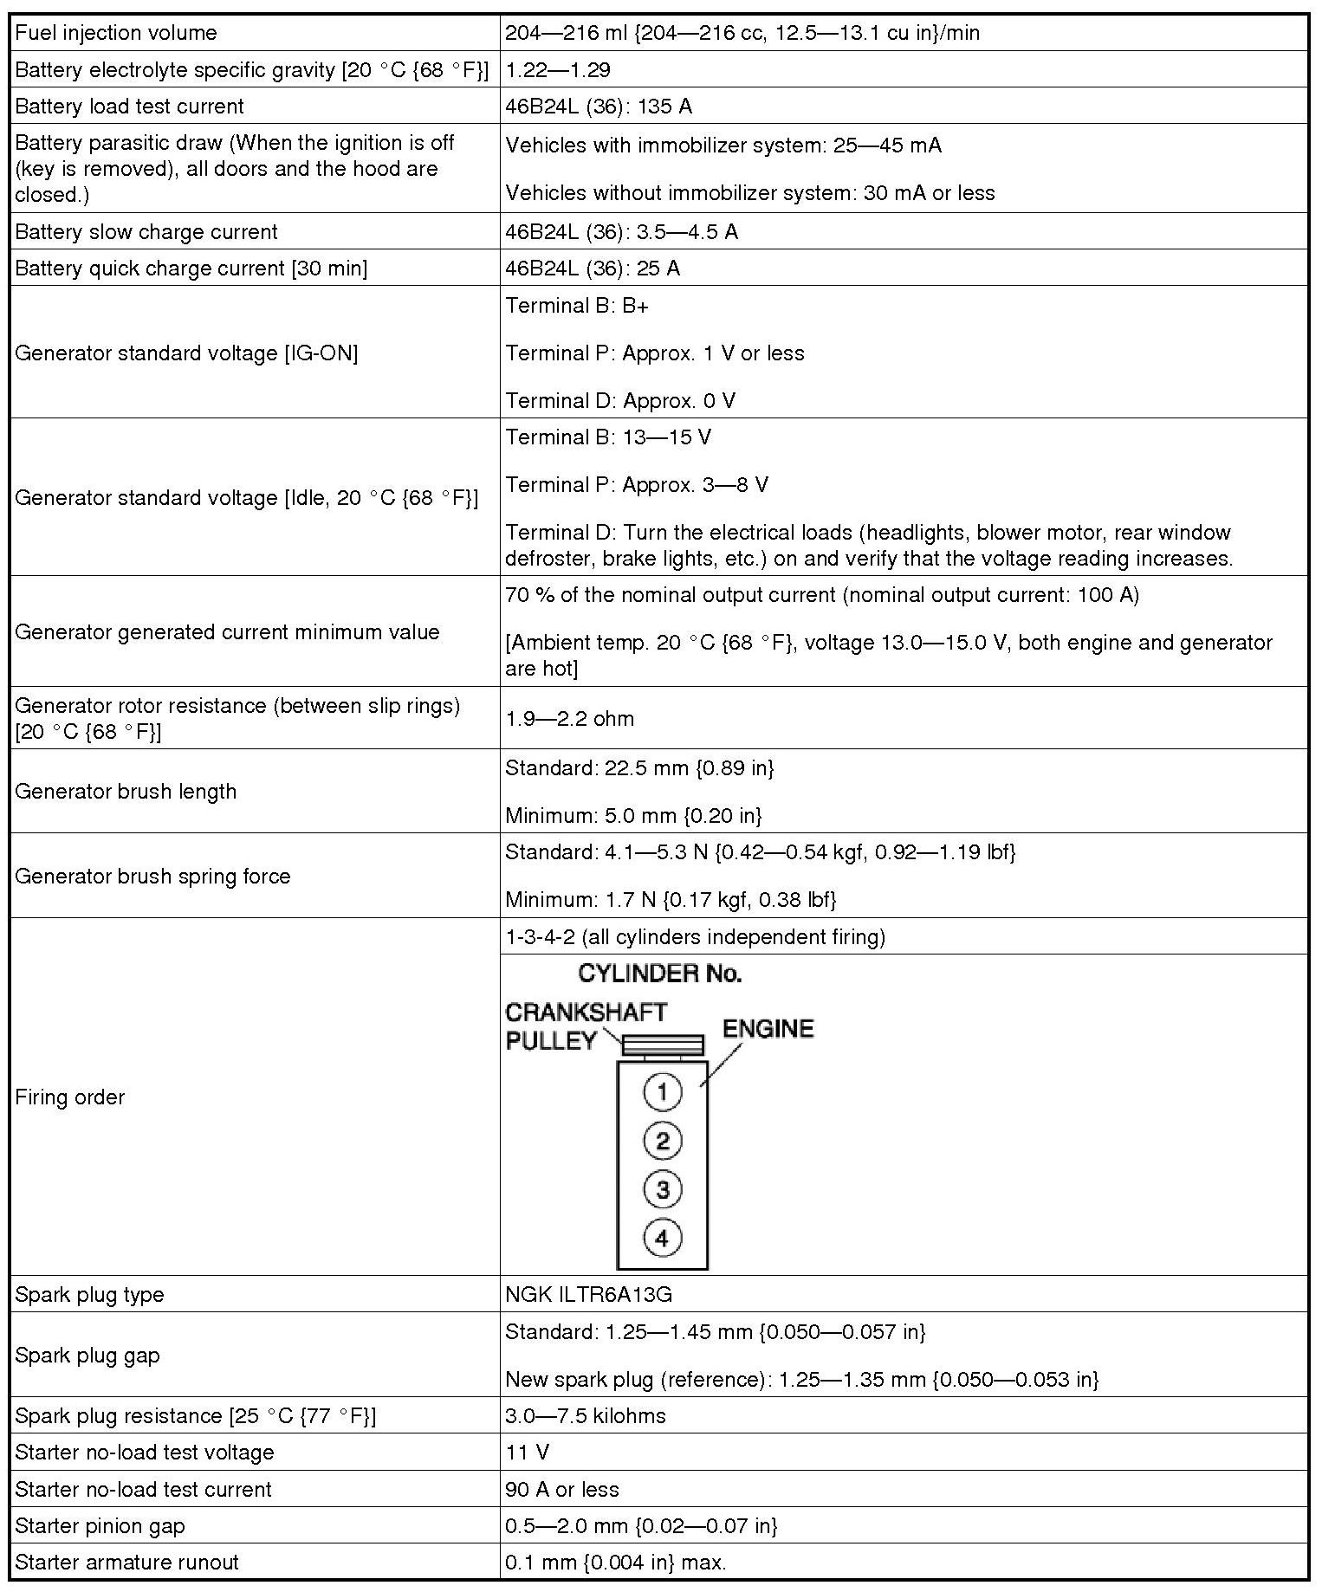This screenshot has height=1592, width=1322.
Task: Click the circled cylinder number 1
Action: click(x=663, y=1091)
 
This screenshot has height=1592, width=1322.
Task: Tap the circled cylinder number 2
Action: click(x=663, y=1141)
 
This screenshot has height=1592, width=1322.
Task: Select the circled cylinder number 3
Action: click(x=663, y=1189)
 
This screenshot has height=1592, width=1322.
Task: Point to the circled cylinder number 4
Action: click(x=663, y=1238)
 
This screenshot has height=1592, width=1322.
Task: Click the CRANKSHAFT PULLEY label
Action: click(x=586, y=1026)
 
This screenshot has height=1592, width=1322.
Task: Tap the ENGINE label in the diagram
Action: click(x=768, y=1029)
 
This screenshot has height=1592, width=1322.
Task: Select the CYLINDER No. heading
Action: click(x=660, y=974)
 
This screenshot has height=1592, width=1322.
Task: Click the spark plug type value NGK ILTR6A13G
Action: click(x=589, y=1295)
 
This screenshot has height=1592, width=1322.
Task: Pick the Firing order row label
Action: click(x=70, y=1097)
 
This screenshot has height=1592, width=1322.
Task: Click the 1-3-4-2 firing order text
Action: click(x=695, y=937)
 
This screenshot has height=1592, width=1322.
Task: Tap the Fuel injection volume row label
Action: click(x=116, y=33)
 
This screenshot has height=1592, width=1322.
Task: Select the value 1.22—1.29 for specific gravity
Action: click(x=558, y=70)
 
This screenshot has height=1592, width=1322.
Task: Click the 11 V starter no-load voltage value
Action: click(x=528, y=1453)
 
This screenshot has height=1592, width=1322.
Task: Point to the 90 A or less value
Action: click(x=562, y=1490)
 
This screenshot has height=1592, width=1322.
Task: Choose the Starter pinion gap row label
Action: click(x=100, y=1526)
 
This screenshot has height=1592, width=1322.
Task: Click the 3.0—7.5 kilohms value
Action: click(x=586, y=1416)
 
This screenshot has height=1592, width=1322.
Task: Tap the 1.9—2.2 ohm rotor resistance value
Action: click(x=569, y=719)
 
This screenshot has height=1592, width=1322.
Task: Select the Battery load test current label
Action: click(x=129, y=107)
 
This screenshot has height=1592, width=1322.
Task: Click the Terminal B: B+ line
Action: click(x=577, y=306)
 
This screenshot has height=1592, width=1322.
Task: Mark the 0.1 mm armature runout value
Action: click(x=616, y=1563)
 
